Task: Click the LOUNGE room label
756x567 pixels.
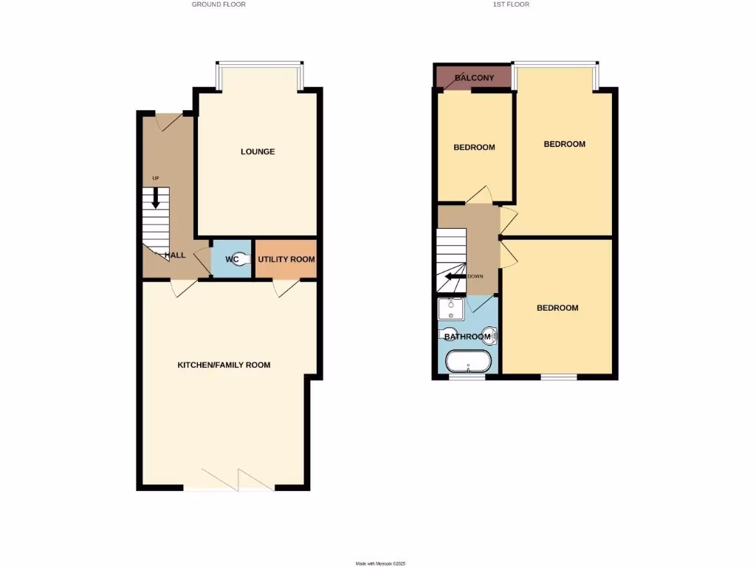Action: point(258,151)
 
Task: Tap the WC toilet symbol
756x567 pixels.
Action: point(234,259)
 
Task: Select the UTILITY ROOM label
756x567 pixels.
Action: point(286,259)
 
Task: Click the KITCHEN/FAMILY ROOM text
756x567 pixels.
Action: point(224,365)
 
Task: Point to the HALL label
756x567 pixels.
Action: point(175,255)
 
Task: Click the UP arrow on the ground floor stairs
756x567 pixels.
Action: point(155,196)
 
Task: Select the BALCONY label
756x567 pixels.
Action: point(474,78)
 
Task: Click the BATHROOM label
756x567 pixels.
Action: point(467,337)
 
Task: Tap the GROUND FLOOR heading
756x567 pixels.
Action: point(219,4)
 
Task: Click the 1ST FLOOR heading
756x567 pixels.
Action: point(511,4)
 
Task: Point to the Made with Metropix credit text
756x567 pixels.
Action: point(381,563)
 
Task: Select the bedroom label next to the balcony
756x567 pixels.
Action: point(474,147)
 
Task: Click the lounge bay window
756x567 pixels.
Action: point(258,64)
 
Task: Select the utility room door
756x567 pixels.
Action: point(284,289)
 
